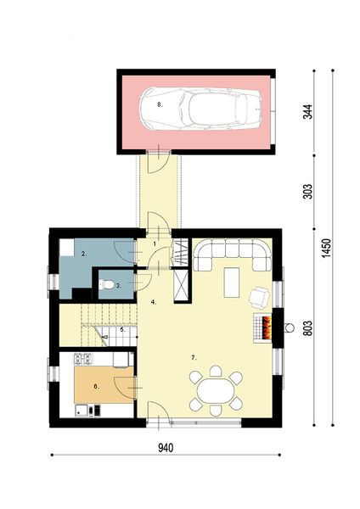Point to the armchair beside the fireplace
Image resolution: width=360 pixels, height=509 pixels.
tap(260, 296)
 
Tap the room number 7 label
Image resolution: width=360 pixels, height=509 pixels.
tap(194, 359)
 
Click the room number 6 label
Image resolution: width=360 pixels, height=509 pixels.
tap(95, 387)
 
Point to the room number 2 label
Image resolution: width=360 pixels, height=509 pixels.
tap(84, 254)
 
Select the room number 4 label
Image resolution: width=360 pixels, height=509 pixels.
tap(153, 301)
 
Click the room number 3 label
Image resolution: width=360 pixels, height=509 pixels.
tap(119, 287)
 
